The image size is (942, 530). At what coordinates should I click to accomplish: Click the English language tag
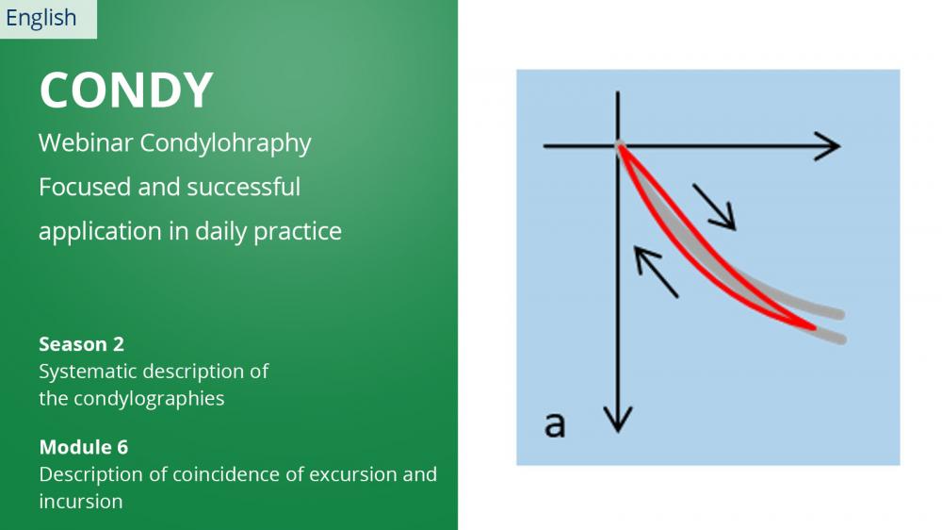(x=41, y=18)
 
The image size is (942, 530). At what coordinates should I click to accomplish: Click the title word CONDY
(x=126, y=91)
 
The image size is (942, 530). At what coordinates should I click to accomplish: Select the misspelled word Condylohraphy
(x=225, y=144)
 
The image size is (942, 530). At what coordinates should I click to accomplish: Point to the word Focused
(x=85, y=187)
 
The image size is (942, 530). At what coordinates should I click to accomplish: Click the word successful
(x=243, y=187)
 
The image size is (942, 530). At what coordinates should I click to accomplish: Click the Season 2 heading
(x=82, y=344)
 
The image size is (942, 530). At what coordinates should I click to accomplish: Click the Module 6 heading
(x=84, y=447)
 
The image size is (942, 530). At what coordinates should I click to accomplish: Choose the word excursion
(x=353, y=474)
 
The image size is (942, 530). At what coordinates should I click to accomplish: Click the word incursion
(x=80, y=502)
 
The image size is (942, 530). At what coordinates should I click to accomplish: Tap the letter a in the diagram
(x=555, y=424)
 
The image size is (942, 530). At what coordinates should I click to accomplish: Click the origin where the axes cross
(x=618, y=146)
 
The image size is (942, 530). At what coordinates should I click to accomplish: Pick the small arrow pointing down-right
(x=714, y=207)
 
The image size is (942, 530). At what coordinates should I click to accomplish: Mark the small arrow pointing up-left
(x=656, y=272)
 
